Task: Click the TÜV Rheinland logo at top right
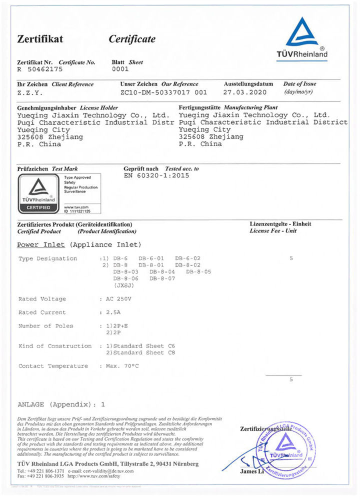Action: point(302,38)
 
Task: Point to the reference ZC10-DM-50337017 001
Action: point(163,92)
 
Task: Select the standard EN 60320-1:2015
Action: point(156,175)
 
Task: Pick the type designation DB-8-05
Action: point(199,271)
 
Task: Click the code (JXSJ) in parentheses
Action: point(123,285)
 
